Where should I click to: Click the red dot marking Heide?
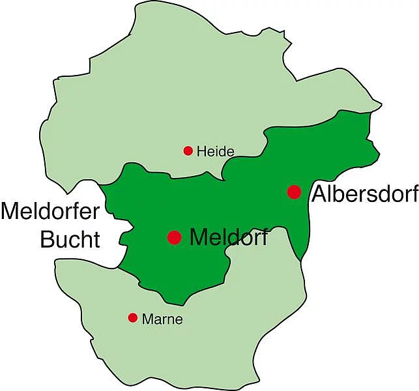pos(188,151)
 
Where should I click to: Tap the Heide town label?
pos(215,152)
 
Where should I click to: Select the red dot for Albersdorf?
pos(294,192)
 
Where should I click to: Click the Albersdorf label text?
pos(364,194)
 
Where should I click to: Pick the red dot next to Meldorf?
pos(174,237)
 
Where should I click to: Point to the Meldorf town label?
pos(228,237)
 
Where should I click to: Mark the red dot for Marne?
pos(133,318)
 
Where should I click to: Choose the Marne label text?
pos(162,319)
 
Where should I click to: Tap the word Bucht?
pos(70,239)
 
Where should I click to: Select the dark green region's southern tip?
pos(172,302)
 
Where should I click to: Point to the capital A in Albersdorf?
pos(319,194)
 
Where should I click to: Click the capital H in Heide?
pos(201,152)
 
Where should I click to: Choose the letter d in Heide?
pos(222,152)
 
